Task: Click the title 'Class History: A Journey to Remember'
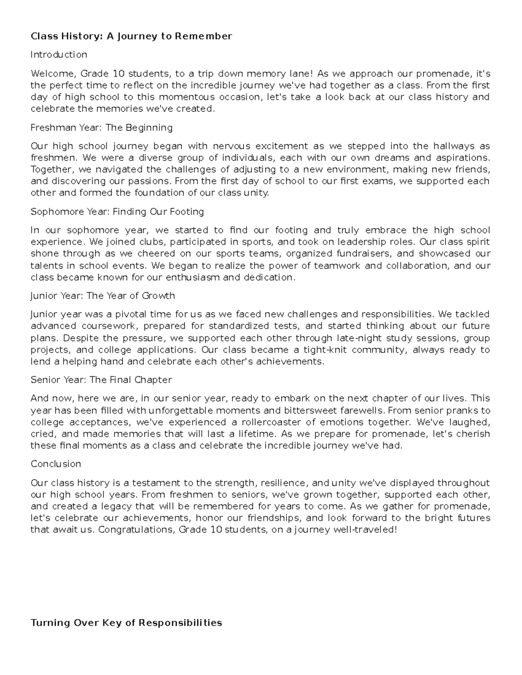pyautogui.click(x=131, y=36)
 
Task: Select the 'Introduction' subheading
pyautogui.click(x=59, y=55)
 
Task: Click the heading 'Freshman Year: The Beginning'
pyautogui.click(x=101, y=128)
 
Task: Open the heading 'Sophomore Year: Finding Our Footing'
pyautogui.click(x=117, y=212)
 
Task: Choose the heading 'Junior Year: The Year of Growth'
pyautogui.click(x=103, y=296)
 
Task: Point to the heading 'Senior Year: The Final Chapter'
pyautogui.click(x=101, y=380)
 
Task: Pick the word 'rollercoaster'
pyautogui.click(x=277, y=422)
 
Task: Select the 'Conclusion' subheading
pyautogui.click(x=56, y=464)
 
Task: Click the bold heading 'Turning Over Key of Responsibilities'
pyautogui.click(x=126, y=623)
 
